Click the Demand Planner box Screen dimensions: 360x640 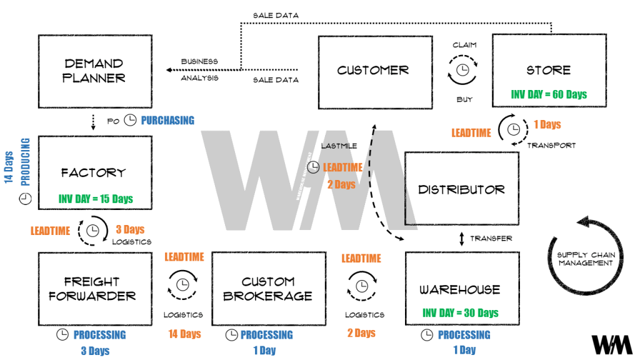coord(95,70)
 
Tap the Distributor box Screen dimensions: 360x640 coord(461,189)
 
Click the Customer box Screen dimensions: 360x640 coord(373,70)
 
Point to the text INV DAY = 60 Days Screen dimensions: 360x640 coord(549,94)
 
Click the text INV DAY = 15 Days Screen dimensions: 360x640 coord(96,199)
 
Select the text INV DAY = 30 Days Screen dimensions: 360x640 coord(461,312)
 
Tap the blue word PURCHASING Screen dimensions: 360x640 coord(167,120)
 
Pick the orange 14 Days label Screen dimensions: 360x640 coord(184,334)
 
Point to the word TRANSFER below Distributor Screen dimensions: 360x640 coord(491,238)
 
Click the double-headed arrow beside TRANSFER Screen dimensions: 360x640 coord(461,238)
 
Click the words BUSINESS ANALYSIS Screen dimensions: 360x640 coord(199,69)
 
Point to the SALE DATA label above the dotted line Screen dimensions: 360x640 coord(276,15)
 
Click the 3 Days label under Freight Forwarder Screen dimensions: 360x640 coord(95,351)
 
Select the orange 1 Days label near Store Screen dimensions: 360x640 coord(547,124)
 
